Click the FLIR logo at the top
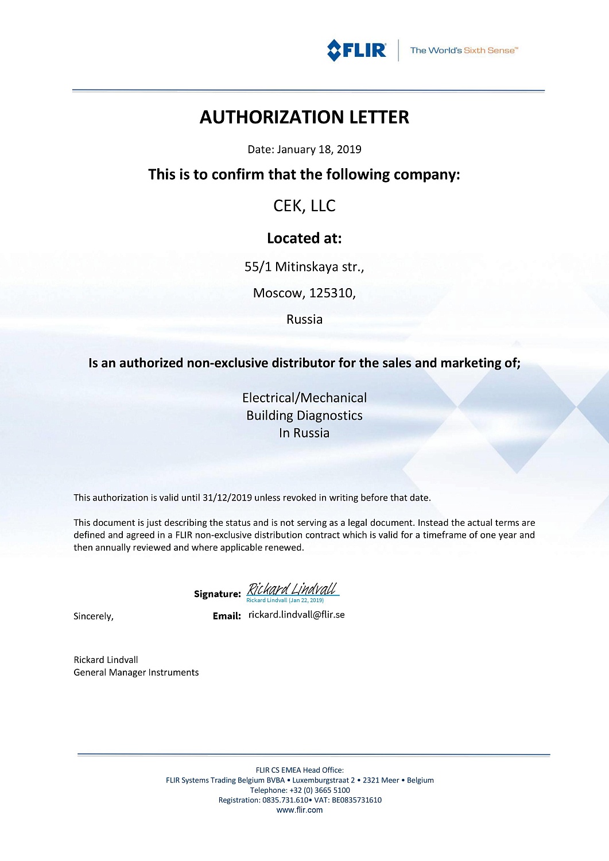356,50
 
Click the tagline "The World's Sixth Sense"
464,51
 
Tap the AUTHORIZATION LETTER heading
304,117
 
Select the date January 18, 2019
319,149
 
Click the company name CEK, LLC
304,205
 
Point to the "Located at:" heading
304,238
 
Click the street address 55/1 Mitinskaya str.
304,266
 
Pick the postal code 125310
332,293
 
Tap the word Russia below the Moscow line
304,319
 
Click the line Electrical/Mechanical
304,398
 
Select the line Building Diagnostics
304,416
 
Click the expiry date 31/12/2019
227,498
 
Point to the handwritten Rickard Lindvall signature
292,589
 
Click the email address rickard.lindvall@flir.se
296,615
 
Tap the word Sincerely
93,616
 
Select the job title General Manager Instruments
136,673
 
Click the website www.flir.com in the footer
300,810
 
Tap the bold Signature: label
217,594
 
